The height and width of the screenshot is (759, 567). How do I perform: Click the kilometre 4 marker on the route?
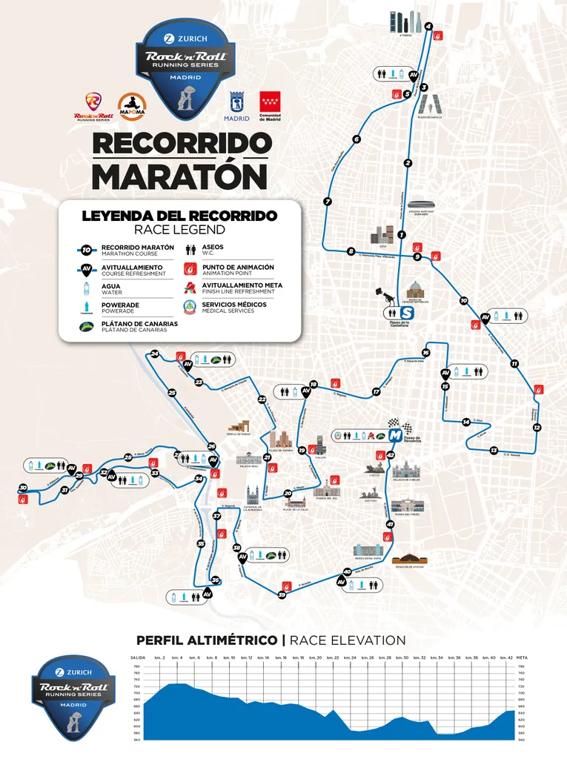(x=428, y=27)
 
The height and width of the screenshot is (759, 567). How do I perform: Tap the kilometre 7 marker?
(x=327, y=202)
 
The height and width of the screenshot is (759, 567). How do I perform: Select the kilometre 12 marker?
(x=537, y=427)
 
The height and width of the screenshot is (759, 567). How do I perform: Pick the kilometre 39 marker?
(x=282, y=594)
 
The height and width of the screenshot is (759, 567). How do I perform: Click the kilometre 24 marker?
(x=154, y=354)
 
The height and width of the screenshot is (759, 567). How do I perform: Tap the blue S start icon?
(x=406, y=314)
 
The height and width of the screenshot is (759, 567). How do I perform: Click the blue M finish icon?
(x=394, y=434)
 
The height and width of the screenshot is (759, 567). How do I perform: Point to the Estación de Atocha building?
(x=410, y=558)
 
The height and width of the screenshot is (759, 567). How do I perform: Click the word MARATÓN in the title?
(x=179, y=175)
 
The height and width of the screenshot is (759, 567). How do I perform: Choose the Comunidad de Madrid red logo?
(x=269, y=102)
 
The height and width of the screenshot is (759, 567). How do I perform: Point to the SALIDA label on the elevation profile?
(x=138, y=657)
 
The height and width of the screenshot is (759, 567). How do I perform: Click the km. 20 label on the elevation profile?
(x=315, y=657)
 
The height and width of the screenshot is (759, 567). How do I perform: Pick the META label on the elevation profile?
(x=522, y=657)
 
